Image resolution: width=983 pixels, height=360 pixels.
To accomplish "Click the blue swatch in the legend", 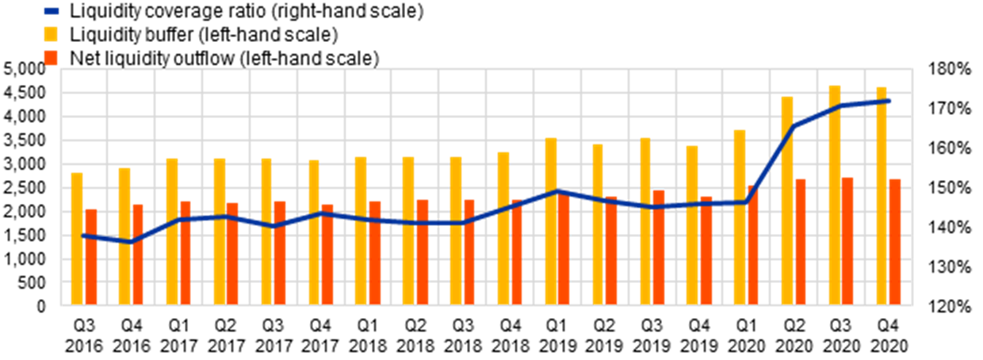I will click(51, 11).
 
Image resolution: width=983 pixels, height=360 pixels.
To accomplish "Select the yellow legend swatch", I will click(51, 34).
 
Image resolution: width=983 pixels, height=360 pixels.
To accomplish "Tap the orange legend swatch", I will click(51, 58).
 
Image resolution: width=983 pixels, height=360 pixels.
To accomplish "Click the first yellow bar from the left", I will click(77, 238).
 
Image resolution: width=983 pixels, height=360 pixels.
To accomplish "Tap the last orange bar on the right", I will click(895, 241).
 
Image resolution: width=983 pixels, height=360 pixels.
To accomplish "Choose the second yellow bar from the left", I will click(124, 236).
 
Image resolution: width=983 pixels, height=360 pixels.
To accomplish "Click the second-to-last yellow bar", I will click(835, 194).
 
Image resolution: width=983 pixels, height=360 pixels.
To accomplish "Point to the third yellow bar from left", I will click(172, 231).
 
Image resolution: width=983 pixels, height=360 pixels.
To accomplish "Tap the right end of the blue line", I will click(889, 101).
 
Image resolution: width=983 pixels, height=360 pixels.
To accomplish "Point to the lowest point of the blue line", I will click(132, 241).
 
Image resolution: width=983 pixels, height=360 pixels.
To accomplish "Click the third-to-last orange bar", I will click(801, 241).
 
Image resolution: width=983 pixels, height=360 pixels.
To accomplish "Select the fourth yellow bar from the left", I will click(220, 231).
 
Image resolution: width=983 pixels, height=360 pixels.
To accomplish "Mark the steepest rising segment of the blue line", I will click(771, 163).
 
